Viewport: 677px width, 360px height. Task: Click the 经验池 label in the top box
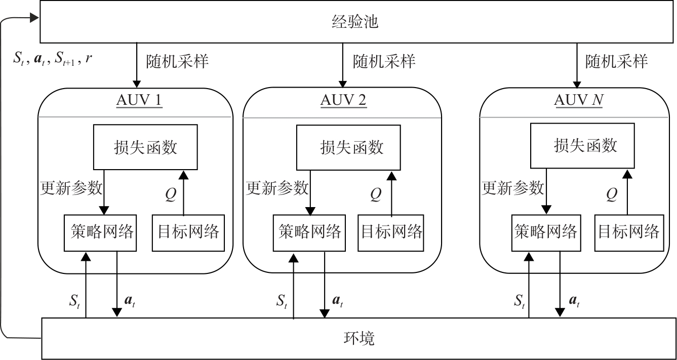[x=355, y=22]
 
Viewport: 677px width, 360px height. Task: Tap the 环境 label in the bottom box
[x=359, y=339]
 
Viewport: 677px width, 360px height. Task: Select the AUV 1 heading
[x=139, y=100]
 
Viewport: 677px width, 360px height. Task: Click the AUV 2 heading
[x=343, y=100]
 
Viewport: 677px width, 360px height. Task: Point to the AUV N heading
[x=578, y=100]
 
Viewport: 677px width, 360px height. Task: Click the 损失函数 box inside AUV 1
[x=145, y=147]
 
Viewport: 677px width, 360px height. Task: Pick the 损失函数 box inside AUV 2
[x=348, y=148]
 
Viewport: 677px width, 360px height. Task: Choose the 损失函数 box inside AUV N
[x=582, y=146]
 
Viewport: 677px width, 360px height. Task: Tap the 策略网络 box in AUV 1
[x=100, y=233]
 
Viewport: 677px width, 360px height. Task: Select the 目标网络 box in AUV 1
[x=188, y=233]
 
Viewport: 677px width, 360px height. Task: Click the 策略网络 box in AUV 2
[x=309, y=233]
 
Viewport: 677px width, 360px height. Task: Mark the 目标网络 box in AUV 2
[x=391, y=233]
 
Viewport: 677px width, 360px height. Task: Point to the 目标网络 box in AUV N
[x=629, y=233]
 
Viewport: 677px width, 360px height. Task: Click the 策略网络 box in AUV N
[x=546, y=233]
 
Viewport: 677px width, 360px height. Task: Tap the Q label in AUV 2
[x=376, y=194]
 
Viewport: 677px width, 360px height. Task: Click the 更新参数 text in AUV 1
[x=71, y=188]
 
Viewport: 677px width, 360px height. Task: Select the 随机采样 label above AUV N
[x=617, y=61]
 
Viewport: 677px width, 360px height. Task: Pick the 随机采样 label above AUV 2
[x=384, y=61]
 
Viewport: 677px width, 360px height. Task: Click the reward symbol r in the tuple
[x=88, y=58]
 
